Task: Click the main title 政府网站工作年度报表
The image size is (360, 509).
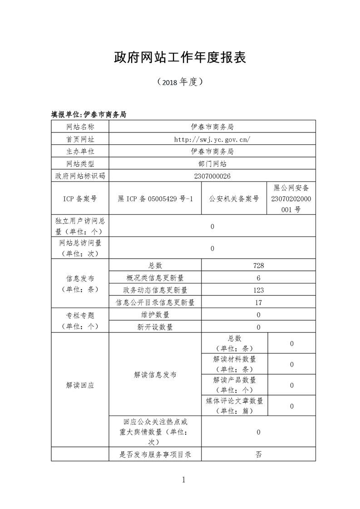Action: tap(180, 57)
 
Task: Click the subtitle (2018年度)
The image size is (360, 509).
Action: tap(180, 82)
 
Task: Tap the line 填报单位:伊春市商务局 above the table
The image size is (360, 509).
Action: tap(89, 115)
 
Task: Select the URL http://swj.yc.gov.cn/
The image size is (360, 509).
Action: tap(212, 139)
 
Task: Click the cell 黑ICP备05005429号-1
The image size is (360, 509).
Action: tap(155, 199)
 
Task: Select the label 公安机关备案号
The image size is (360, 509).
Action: tap(234, 199)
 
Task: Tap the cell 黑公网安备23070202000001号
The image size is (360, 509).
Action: tap(291, 199)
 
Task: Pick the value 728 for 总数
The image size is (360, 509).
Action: tap(258, 266)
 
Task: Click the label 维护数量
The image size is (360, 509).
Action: tap(155, 315)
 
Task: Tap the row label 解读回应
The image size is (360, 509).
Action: tap(80, 385)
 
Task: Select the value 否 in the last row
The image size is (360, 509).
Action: tap(258, 454)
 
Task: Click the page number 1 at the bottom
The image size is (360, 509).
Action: tap(183, 480)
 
